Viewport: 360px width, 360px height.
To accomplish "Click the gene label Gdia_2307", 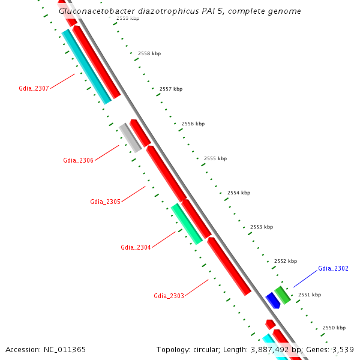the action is pyautogui.click(x=34, y=89).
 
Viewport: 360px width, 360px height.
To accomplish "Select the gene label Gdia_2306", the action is pyautogui.click(x=78, y=160).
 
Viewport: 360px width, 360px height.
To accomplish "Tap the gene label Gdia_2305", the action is pyautogui.click(x=105, y=202).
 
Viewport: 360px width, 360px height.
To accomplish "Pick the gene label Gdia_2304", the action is pyautogui.click(x=136, y=247).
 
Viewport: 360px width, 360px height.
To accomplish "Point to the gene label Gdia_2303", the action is pyautogui.click(x=169, y=296).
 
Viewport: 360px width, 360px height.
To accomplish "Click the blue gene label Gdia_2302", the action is pyautogui.click(x=333, y=268).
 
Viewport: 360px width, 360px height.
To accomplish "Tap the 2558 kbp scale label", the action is pyautogui.click(x=149, y=54).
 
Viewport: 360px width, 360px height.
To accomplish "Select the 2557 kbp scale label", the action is pyautogui.click(x=171, y=89).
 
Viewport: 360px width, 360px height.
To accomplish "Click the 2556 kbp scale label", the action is pyautogui.click(x=193, y=124).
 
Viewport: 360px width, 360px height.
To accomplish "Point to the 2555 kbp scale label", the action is pyautogui.click(x=215, y=158).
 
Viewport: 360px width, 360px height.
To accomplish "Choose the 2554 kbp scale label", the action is pyautogui.click(x=239, y=193).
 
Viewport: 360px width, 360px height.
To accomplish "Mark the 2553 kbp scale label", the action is pyautogui.click(x=262, y=227).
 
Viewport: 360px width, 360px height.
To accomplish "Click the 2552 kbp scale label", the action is pyautogui.click(x=286, y=261).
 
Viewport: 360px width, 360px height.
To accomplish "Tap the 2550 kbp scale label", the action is pyautogui.click(x=334, y=328).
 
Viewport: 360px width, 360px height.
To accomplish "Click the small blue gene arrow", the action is pyautogui.click(x=273, y=301).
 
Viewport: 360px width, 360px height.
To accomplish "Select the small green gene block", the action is pyautogui.click(x=283, y=295).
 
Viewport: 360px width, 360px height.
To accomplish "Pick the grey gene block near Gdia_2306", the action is pyautogui.click(x=130, y=137).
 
